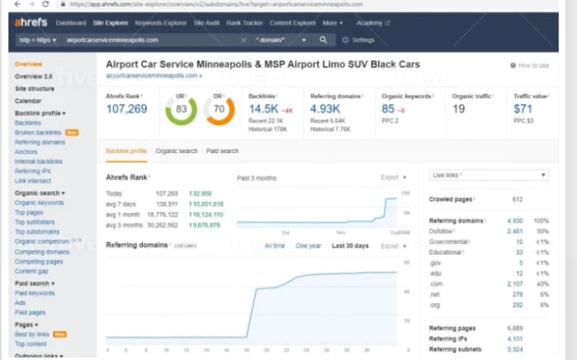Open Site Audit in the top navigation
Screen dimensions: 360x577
coord(209,23)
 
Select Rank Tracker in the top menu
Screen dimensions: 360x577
coord(246,23)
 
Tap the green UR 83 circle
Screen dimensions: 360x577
coord(181,109)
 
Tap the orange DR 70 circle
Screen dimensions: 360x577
coord(219,109)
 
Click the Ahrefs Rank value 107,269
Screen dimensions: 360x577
coord(126,108)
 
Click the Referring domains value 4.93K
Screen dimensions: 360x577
coord(325,108)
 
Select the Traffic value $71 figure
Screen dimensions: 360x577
coord(523,108)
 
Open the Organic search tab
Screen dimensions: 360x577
coord(176,151)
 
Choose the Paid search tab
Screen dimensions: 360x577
coord(222,151)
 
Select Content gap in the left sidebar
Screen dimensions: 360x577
coord(32,271)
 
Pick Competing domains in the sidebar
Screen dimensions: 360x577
coord(42,251)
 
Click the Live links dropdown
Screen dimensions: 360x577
coord(488,175)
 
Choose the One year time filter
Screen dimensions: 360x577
coord(308,245)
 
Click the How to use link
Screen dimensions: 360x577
coord(530,65)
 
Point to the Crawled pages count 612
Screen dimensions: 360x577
coord(517,199)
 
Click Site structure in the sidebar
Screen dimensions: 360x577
coord(34,88)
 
